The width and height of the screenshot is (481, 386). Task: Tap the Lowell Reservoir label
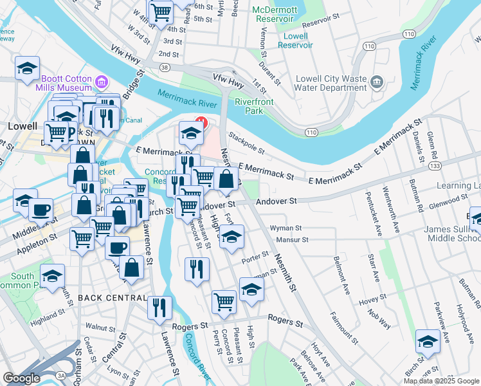[295, 41]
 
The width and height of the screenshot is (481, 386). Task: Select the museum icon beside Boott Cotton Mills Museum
[101, 82]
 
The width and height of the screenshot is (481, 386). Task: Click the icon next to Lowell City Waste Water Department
[377, 82]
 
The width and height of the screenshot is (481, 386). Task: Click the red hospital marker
[200, 120]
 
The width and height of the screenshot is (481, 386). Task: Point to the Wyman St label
[286, 228]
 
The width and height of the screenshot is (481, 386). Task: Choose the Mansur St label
[292, 239]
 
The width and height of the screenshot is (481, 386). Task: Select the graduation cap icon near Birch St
[428, 342]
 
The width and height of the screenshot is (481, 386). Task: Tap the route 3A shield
[61, 374]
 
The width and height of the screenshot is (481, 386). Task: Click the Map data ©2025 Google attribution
[441, 381]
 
